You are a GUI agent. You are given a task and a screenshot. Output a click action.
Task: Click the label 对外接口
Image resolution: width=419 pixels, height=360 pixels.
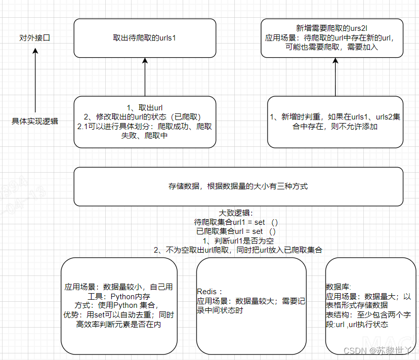click(35, 38)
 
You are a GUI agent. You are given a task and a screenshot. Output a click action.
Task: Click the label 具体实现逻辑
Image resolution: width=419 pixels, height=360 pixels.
click(35, 121)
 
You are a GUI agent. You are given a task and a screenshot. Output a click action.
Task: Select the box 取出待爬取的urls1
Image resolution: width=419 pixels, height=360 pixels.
click(145, 38)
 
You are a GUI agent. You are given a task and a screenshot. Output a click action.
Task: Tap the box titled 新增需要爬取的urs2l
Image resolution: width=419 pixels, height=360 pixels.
click(332, 38)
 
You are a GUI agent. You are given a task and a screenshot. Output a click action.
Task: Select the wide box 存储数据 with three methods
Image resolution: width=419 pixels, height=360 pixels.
click(238, 186)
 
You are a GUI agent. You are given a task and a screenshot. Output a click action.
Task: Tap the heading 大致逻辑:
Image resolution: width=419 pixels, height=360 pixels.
click(238, 213)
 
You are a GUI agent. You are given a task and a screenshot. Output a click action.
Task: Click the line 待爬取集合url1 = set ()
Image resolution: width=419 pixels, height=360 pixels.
click(236, 222)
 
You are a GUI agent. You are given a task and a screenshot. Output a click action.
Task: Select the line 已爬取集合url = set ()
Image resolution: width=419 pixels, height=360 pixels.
click(236, 231)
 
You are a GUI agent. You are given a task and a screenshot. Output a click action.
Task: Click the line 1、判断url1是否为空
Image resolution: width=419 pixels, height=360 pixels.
click(238, 241)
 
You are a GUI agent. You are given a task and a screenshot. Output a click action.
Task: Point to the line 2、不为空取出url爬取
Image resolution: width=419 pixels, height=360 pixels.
click(238, 250)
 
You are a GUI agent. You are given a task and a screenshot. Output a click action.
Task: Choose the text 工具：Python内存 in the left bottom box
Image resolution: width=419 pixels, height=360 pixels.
click(118, 296)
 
